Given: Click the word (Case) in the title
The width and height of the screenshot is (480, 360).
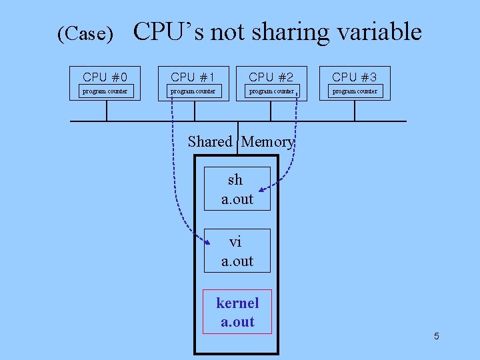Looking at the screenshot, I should tap(85, 34).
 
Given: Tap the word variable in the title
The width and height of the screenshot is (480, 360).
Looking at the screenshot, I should tap(377, 31).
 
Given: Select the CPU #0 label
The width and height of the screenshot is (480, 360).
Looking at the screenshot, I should tap(105, 77).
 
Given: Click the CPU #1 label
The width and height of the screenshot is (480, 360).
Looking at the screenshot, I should tap(193, 77).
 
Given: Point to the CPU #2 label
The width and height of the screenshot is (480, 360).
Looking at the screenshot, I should tap(271, 77).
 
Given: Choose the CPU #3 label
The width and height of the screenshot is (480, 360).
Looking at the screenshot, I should tap(355, 77).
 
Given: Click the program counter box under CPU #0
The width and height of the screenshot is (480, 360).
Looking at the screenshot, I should tap(105, 91).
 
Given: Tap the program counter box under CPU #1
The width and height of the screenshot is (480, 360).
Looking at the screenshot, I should tap(193, 91).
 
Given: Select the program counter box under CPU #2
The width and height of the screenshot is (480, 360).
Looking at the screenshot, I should tap(271, 91).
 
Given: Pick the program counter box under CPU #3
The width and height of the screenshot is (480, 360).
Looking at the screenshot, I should tap(355, 91).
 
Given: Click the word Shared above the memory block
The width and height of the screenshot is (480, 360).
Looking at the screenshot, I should tap(209, 141).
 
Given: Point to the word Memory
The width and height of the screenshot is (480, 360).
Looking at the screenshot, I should tap(267, 141).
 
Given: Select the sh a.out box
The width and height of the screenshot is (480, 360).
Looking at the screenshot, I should tap(237, 189).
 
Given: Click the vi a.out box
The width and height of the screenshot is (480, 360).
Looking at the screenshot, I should tap(237, 251).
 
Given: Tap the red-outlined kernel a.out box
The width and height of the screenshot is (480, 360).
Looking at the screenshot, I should tap(237, 312).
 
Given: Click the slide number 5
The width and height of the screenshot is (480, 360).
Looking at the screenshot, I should tap(436, 336).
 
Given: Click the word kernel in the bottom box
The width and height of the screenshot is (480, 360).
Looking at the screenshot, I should tap(237, 303).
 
